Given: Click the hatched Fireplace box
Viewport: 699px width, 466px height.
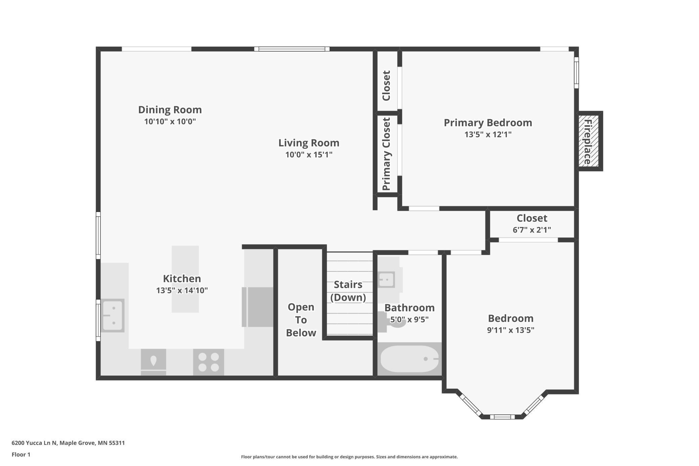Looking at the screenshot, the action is (x=588, y=141).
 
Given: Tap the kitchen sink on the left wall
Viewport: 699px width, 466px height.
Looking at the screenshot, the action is (x=113, y=315).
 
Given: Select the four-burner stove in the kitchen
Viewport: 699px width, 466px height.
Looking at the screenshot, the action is (x=208, y=362).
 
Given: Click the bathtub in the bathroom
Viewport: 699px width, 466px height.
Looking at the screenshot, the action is (x=409, y=359).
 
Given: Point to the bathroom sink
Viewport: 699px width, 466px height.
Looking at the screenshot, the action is (x=386, y=279).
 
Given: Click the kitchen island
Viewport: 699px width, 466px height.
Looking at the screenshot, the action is (x=185, y=279).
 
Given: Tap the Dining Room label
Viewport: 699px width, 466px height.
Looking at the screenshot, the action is (x=170, y=110).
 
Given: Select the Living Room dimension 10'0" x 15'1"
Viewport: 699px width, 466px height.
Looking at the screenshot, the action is (x=309, y=155).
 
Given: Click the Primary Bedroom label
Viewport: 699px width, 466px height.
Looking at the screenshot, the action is (x=488, y=123).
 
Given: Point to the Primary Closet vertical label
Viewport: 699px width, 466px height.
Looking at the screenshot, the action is (x=386, y=154).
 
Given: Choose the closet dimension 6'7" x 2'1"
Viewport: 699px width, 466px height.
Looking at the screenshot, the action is (x=532, y=230).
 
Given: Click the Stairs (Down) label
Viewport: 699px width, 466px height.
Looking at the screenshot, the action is (x=348, y=291).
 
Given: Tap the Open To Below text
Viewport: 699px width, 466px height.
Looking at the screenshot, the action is (x=301, y=320).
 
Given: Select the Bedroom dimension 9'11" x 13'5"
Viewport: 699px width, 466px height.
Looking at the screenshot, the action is (x=511, y=330).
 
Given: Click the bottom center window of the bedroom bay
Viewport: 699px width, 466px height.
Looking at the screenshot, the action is (x=502, y=417).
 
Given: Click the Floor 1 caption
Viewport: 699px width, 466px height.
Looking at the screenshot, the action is (x=21, y=455).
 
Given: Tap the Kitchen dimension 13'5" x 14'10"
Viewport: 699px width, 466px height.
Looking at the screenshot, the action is (x=182, y=290).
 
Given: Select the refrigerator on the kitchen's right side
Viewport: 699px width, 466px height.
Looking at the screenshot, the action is (x=257, y=307).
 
